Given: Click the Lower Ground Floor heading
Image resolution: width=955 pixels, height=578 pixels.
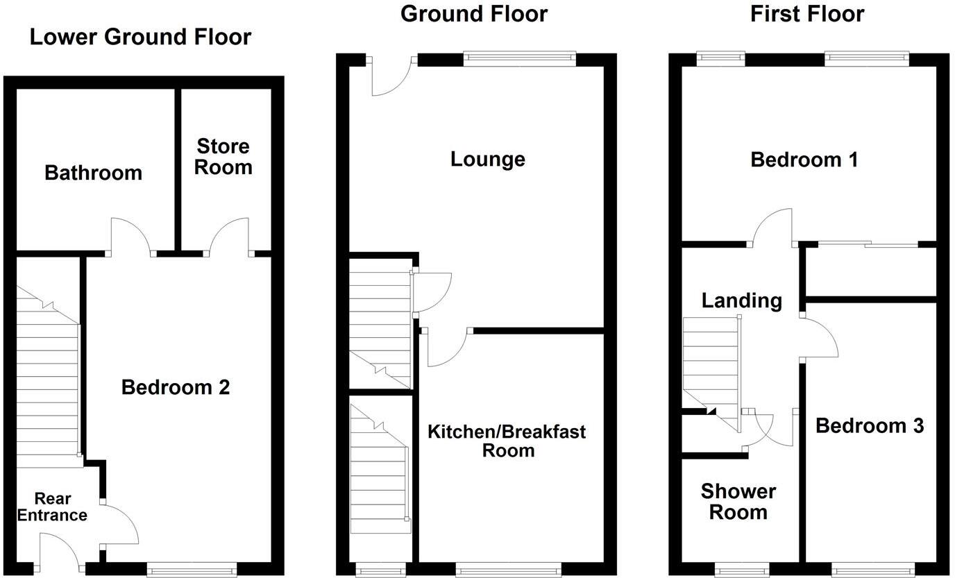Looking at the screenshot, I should click(x=140, y=37).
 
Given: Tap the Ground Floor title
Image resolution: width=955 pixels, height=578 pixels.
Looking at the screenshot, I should click(x=474, y=13).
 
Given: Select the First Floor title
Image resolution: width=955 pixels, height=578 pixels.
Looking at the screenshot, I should click(x=807, y=13).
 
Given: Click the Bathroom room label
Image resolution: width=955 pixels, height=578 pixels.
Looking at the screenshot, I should click(x=93, y=172).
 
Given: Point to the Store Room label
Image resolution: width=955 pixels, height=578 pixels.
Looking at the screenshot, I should click(x=223, y=157).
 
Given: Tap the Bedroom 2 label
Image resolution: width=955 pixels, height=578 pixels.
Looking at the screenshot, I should click(x=175, y=387).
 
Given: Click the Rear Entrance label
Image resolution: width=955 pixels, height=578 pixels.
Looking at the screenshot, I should click(x=52, y=507).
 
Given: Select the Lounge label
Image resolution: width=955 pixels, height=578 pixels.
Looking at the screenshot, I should click(x=487, y=159).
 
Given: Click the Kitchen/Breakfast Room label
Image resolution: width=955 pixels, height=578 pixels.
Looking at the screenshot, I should click(x=507, y=441).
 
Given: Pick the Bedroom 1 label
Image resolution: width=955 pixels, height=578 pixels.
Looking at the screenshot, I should click(x=804, y=160).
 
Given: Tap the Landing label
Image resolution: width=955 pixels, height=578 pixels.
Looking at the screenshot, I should click(x=741, y=300).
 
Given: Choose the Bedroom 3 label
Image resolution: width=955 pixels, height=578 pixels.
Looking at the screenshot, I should click(x=869, y=425).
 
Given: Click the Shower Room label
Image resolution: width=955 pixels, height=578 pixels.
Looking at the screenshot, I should click(x=738, y=502).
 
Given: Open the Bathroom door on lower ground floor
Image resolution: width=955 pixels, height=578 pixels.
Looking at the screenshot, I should click(x=130, y=236).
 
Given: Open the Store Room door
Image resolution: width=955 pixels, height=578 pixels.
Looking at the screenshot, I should click(x=229, y=236).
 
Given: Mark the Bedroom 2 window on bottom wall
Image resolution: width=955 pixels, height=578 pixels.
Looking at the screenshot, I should click(x=192, y=570).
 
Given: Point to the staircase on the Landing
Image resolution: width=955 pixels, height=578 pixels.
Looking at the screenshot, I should click(x=711, y=368).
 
